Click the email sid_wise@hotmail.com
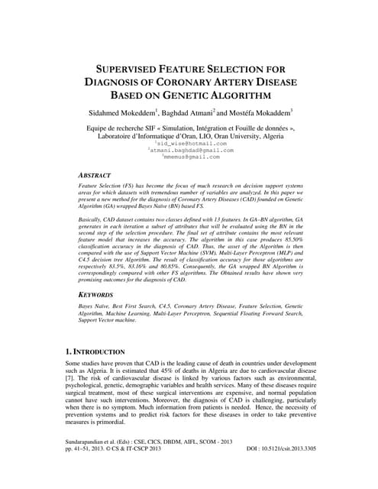click(191, 143)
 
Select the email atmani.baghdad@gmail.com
click(192, 150)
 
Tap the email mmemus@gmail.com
click(191, 157)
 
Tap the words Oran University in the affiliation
click(240, 136)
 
